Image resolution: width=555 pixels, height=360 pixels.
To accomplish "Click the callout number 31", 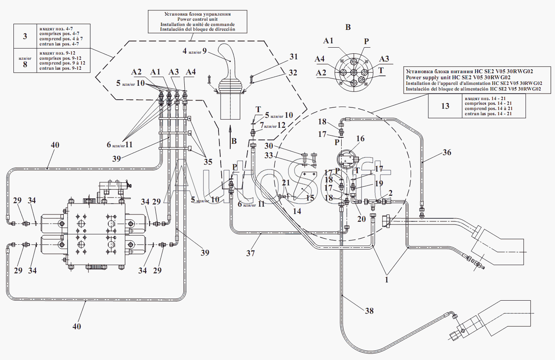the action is pyautogui.click(x=294, y=57).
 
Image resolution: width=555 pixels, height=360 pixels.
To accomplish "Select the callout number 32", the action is pyautogui.click(x=293, y=73).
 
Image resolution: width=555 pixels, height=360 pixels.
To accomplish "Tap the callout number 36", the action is pyautogui.click(x=447, y=152).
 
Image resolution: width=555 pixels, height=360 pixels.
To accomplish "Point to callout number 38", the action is pyautogui.click(x=369, y=311).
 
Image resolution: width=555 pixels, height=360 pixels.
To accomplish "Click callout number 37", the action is pyautogui.click(x=250, y=253).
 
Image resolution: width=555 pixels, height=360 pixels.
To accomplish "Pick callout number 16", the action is pyautogui.click(x=360, y=139).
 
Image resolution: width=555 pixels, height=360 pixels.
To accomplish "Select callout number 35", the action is pyautogui.click(x=208, y=162).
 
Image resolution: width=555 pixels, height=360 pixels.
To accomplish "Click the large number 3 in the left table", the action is pyautogui.click(x=25, y=36).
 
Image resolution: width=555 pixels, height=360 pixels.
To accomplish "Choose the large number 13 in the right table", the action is pyautogui.click(x=445, y=106).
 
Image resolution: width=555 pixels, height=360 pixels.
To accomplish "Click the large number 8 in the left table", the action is pyautogui.click(x=25, y=65).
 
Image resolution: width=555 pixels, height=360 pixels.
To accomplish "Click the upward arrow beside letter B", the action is pyautogui.click(x=230, y=136).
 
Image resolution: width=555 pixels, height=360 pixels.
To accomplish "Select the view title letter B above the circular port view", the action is pyautogui.click(x=348, y=27).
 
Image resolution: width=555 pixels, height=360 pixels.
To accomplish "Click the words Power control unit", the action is pyautogui.click(x=197, y=19).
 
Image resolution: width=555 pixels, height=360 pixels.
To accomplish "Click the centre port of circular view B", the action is pyautogui.click(x=353, y=72).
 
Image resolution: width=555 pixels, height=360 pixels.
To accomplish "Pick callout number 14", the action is pyautogui.click(x=297, y=211).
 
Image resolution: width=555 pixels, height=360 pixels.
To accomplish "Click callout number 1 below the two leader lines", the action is pyautogui.click(x=386, y=280).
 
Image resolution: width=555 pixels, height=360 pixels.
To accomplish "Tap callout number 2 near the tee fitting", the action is pyautogui.click(x=391, y=193).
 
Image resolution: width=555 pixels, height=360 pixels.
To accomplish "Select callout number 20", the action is pyautogui.click(x=362, y=219).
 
